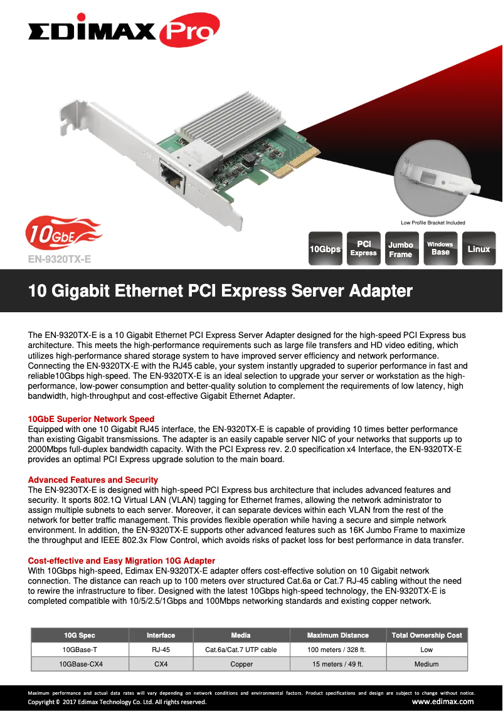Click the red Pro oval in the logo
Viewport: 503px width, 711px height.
pyautogui.click(x=189, y=30)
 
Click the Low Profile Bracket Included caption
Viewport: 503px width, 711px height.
pyautogui.click(x=433, y=223)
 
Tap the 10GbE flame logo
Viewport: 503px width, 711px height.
pyautogui.click(x=63, y=233)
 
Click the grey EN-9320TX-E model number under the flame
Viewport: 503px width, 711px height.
pyautogui.click(x=60, y=259)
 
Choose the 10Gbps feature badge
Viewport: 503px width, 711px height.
pyautogui.click(x=326, y=248)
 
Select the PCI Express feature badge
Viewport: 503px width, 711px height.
pyautogui.click(x=363, y=248)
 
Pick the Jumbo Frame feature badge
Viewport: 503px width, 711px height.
pyautogui.click(x=402, y=248)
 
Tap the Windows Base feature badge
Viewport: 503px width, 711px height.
pyautogui.click(x=440, y=248)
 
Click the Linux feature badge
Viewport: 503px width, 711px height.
pyautogui.click(x=479, y=248)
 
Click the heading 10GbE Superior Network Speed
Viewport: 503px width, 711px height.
pyautogui.click(x=91, y=419)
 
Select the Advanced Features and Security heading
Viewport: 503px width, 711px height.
pyautogui.click(x=93, y=480)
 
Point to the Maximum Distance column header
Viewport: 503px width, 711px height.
pyautogui.click(x=338, y=635)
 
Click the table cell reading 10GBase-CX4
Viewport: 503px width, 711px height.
pyautogui.click(x=81, y=665)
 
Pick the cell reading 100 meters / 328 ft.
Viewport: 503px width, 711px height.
pyautogui.click(x=337, y=650)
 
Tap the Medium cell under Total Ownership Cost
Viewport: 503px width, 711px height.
pyautogui.click(x=426, y=665)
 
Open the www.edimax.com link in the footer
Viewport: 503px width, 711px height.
pyautogui.click(x=443, y=702)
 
